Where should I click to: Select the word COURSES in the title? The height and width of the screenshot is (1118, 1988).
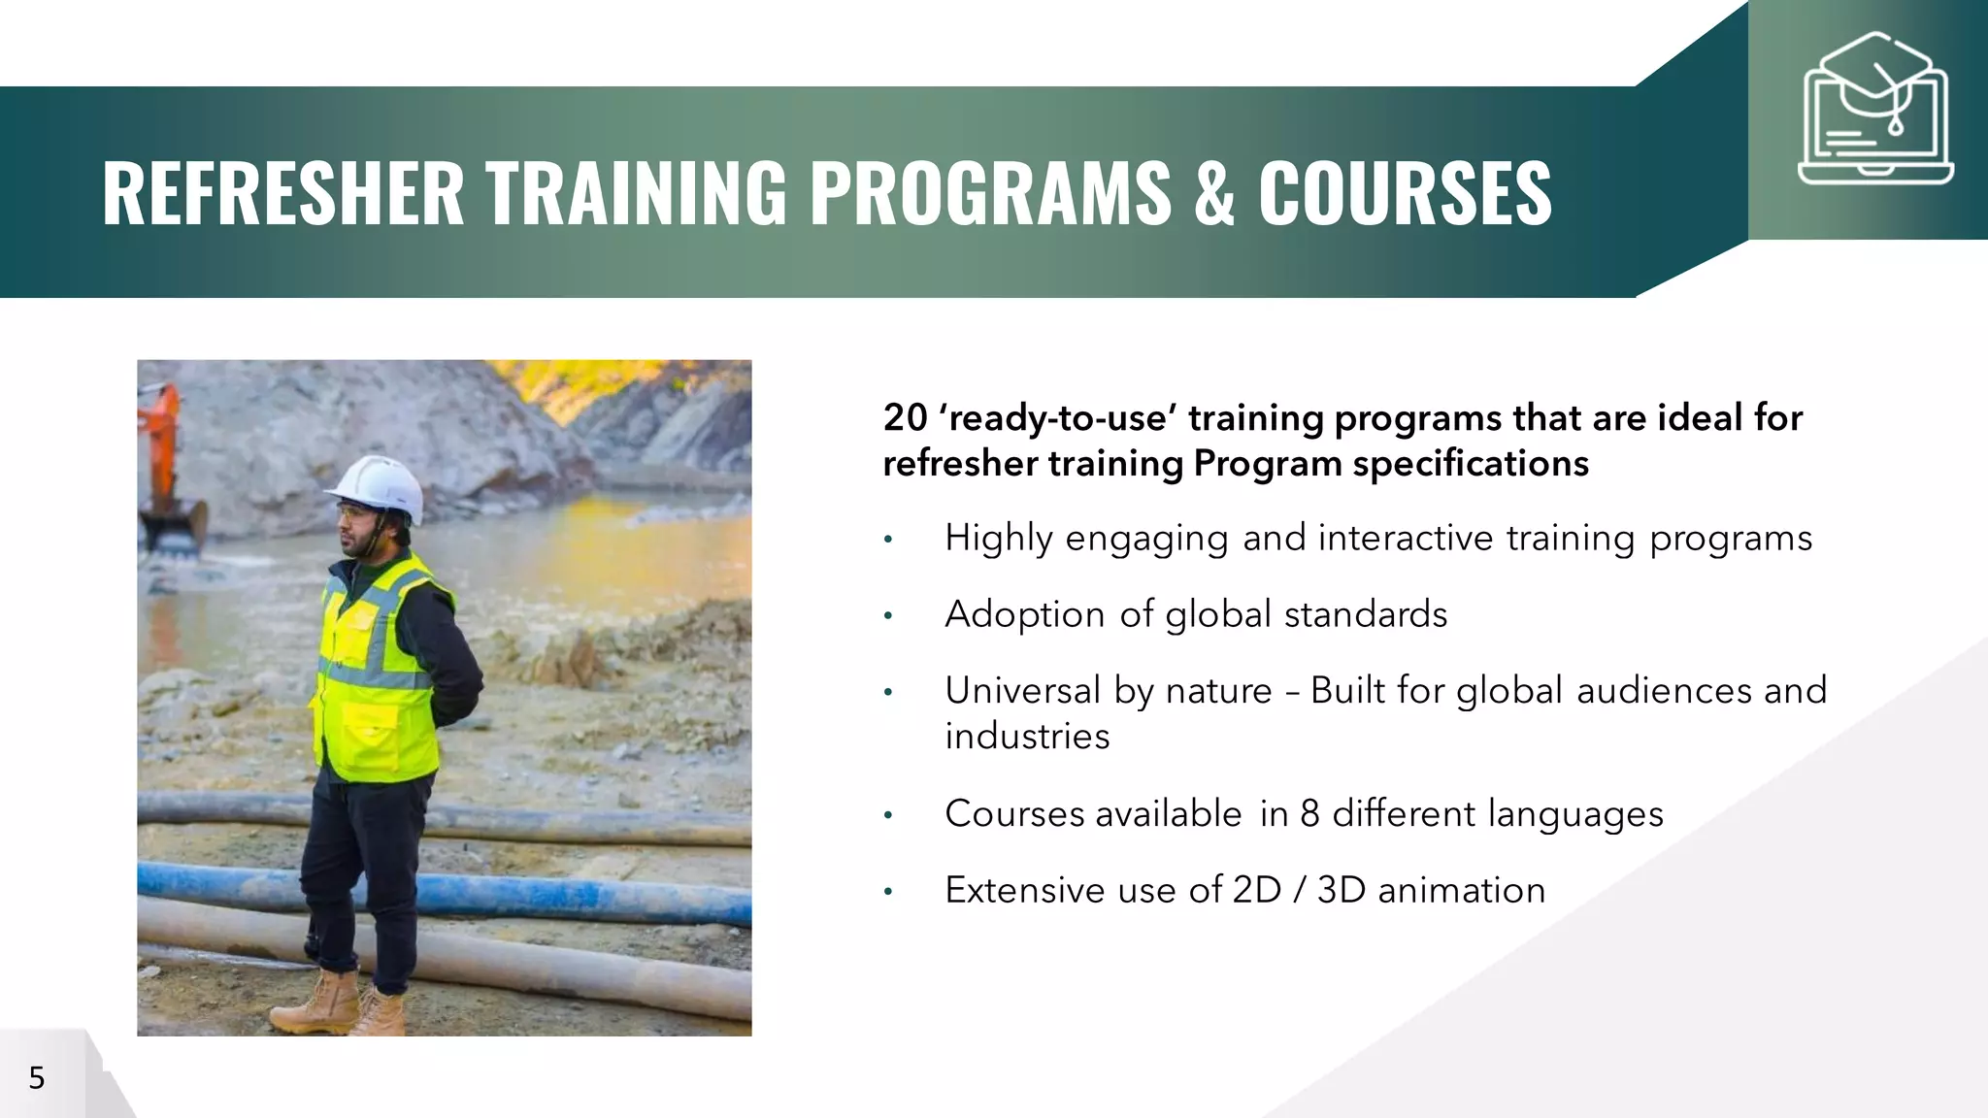pyautogui.click(x=1405, y=193)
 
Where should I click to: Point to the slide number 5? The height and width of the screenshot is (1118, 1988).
pyautogui.click(x=37, y=1078)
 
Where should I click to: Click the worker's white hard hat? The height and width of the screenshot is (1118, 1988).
pyautogui.click(x=376, y=486)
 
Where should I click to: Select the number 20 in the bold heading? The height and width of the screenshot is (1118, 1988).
pyautogui.click(x=905, y=418)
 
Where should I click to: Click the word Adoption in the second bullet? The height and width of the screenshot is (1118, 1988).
pyautogui.click(x=1024, y=615)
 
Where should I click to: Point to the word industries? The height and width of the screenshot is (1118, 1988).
pyautogui.click(x=1027, y=737)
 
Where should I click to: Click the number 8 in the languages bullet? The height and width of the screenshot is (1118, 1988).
pyautogui.click(x=1309, y=814)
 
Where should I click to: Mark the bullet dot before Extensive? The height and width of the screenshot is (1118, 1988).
pyautogui.click(x=887, y=892)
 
